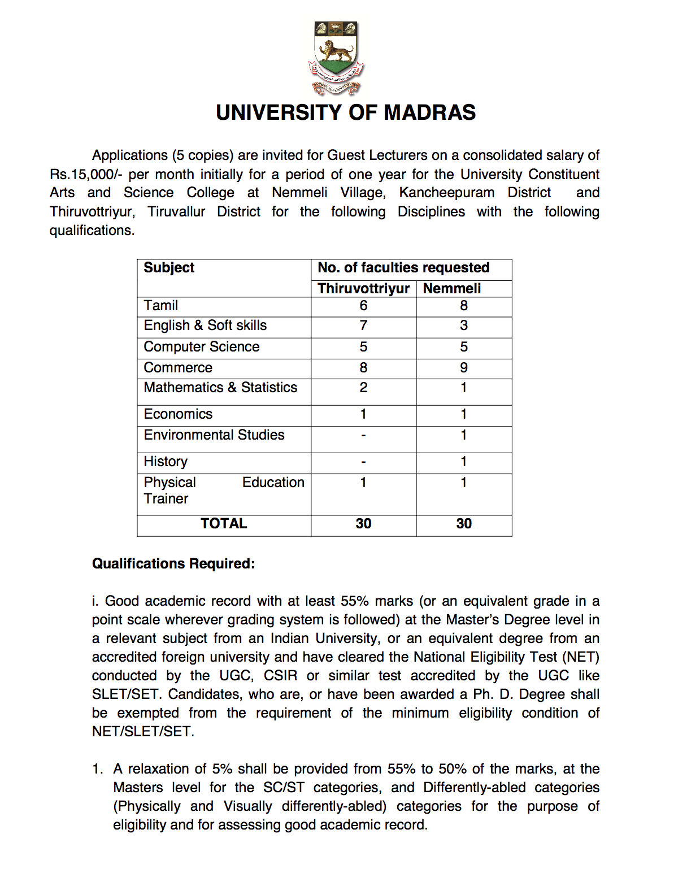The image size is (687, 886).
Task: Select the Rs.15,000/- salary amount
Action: point(85,174)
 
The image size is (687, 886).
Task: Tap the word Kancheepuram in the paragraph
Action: point(446,193)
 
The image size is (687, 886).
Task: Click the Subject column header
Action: point(169,268)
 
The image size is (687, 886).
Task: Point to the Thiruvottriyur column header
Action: point(363,289)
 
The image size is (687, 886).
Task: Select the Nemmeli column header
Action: point(452,289)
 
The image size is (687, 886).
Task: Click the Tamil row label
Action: point(161,306)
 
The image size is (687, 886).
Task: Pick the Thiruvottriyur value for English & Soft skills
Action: point(363,325)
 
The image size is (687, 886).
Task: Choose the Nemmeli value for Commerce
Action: point(464,368)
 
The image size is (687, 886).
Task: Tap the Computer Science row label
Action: point(202,347)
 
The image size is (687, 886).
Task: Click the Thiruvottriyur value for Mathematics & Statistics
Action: point(363,388)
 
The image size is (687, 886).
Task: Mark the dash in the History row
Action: point(363,462)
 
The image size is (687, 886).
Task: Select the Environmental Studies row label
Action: point(214,435)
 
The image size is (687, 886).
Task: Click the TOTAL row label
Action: point(224,524)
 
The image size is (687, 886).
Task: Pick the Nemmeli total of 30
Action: point(464,524)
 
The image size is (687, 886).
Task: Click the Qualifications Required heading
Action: point(173,564)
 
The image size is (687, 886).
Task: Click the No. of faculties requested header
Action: point(403,268)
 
